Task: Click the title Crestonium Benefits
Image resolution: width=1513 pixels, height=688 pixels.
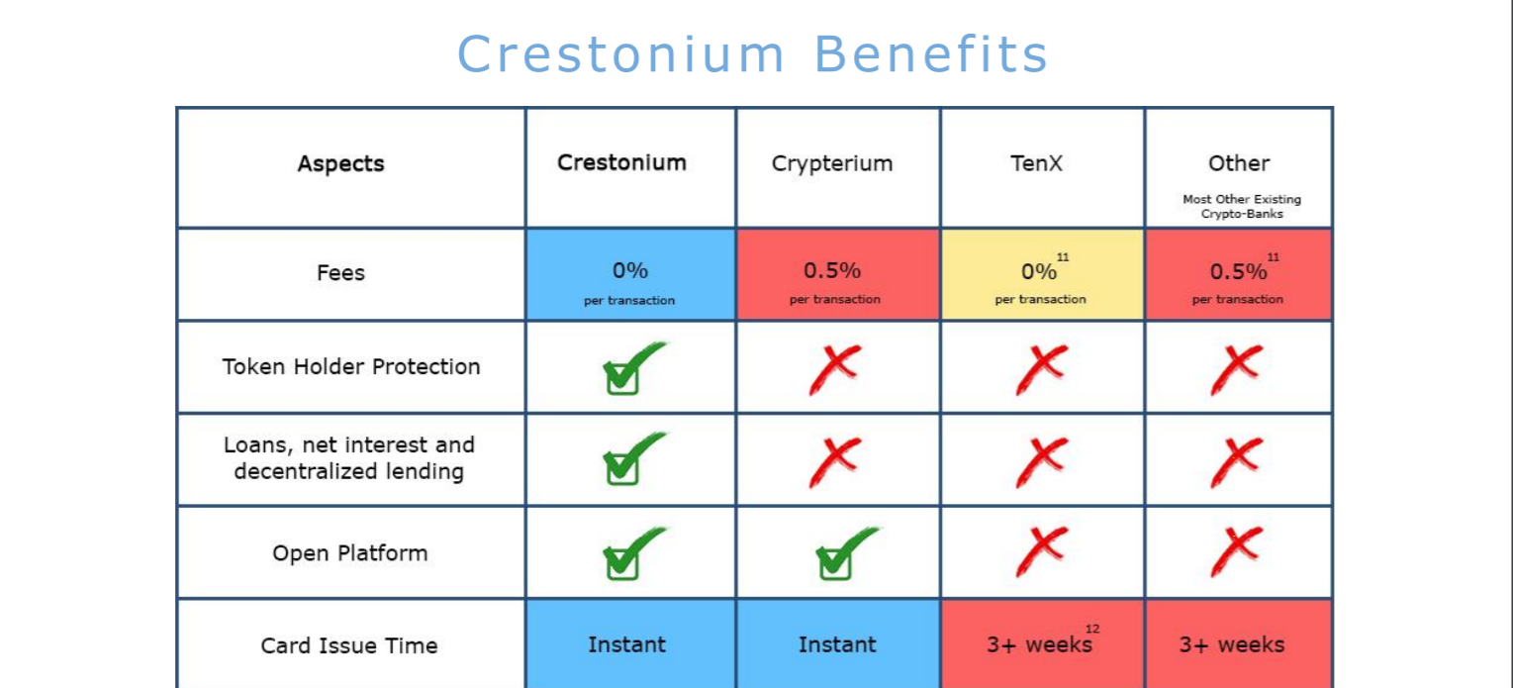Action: coord(752,54)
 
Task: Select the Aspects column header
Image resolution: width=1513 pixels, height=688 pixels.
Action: coord(341,163)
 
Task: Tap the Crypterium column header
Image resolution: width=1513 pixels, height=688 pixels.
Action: coord(832,164)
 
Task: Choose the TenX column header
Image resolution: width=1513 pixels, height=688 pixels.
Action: coord(1037,163)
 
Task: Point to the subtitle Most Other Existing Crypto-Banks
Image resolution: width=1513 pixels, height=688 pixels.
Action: coord(1242,206)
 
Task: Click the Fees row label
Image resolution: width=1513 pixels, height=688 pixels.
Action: coord(341,273)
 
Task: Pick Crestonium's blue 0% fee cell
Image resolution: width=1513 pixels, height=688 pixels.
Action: coord(631,274)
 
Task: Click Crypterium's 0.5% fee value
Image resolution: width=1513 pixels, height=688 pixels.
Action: coord(832,271)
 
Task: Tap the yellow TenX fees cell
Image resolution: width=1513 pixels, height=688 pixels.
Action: coord(1042,274)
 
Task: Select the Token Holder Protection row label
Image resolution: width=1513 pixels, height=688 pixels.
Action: coord(351,367)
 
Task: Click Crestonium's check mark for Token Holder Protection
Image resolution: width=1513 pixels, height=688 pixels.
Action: coord(631,368)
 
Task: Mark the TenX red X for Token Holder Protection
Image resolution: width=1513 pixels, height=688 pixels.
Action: coord(1042,368)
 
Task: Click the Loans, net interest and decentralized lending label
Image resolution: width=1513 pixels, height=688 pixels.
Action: coord(349,458)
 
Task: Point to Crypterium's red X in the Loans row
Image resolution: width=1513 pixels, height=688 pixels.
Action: coord(835,461)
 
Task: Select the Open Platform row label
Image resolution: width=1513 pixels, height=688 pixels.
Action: coord(350,553)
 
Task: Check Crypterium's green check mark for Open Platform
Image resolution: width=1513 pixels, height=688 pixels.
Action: coord(846,553)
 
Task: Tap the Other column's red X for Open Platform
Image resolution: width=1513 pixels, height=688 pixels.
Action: coord(1236,550)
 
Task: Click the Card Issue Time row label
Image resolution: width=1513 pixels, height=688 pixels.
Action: coord(349,646)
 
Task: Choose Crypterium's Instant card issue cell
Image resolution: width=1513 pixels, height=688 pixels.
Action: coord(837,643)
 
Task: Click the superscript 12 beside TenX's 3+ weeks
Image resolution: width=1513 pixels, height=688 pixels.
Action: coord(1092,629)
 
